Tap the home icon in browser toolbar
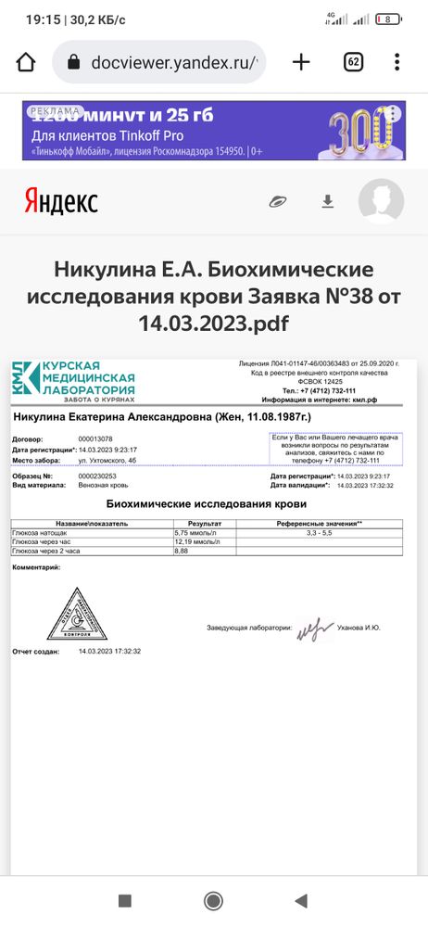click(26, 63)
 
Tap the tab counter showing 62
click(353, 62)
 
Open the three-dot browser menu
click(397, 62)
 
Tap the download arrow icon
click(327, 201)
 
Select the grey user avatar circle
click(381, 201)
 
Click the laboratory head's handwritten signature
click(315, 629)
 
